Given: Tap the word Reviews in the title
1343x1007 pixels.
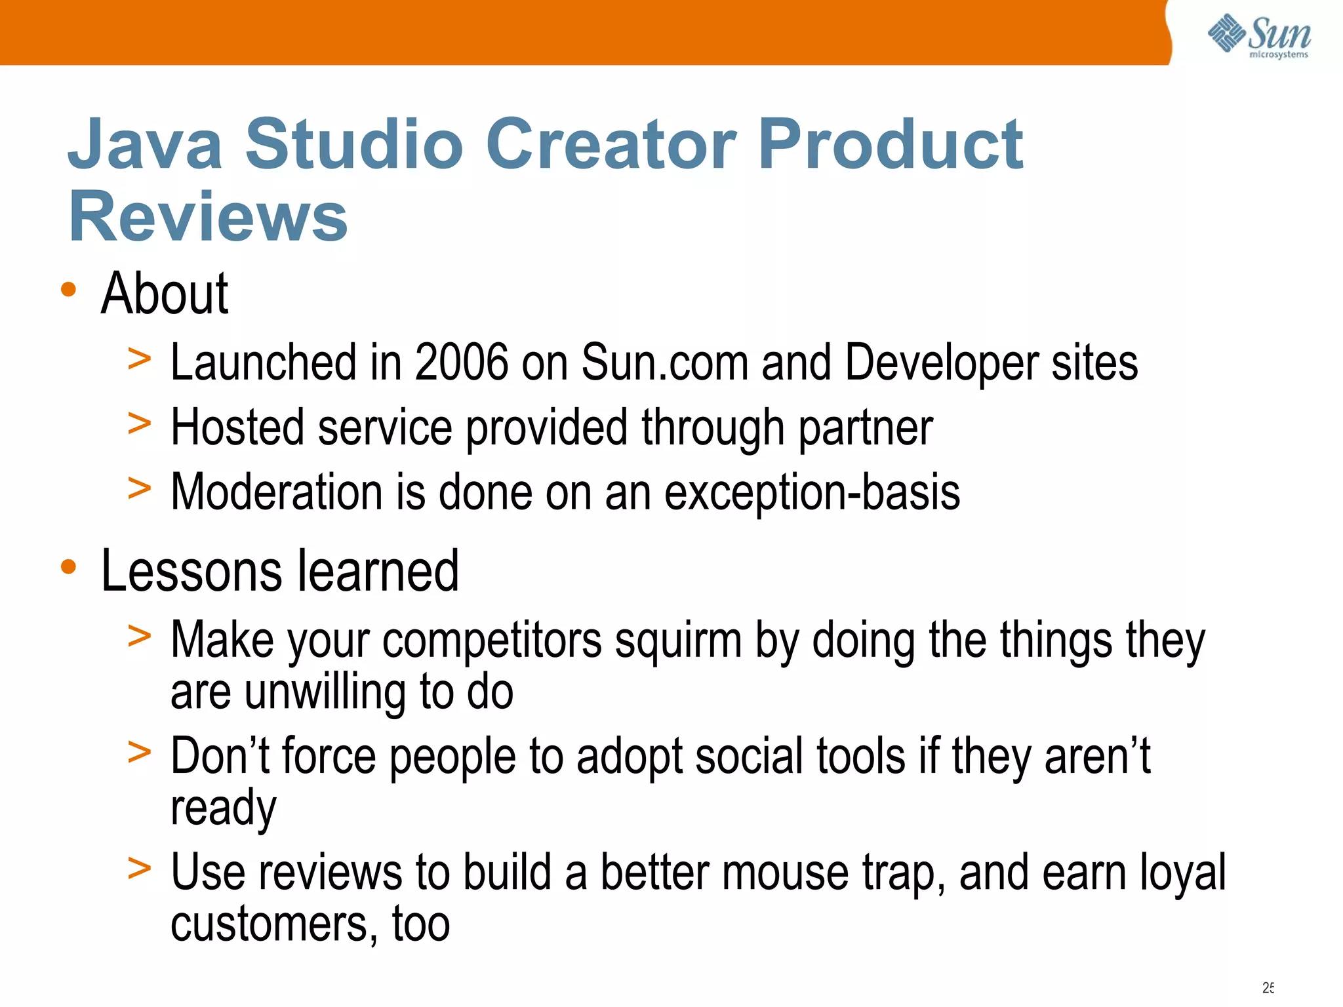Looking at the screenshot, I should pyautogui.click(x=208, y=216).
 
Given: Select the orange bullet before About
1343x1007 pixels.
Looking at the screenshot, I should pyautogui.click(x=68, y=289).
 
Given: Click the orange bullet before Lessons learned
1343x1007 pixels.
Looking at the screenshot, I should pyautogui.click(x=68, y=566).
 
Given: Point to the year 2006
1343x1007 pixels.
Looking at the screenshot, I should pyautogui.click(x=461, y=362).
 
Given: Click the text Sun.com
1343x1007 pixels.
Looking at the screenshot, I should pyautogui.click(x=664, y=362).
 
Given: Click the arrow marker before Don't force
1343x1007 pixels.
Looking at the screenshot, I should pyautogui.click(x=139, y=753).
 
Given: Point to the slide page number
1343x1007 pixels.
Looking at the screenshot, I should pyautogui.click(x=1268, y=987).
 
